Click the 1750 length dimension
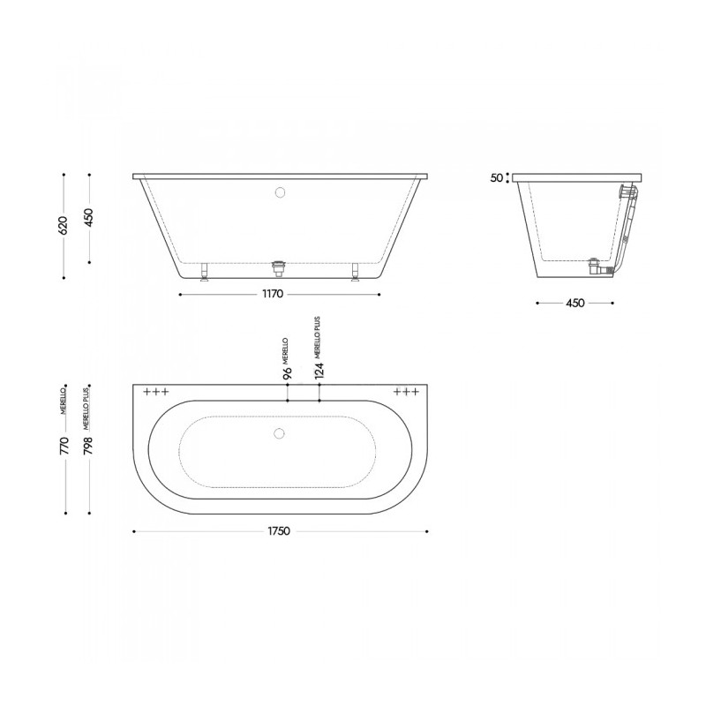pyautogui.click(x=279, y=531)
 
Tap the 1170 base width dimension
pyautogui.click(x=273, y=294)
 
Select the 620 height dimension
pyautogui.click(x=63, y=225)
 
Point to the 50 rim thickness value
pyautogui.click(x=496, y=178)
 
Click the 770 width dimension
pyautogui.click(x=64, y=446)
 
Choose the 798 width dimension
pyautogui.click(x=88, y=446)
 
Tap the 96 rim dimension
pyautogui.click(x=288, y=373)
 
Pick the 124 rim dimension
pyautogui.click(x=319, y=371)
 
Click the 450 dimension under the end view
pyautogui.click(x=575, y=303)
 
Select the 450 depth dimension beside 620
pyautogui.click(x=89, y=217)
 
